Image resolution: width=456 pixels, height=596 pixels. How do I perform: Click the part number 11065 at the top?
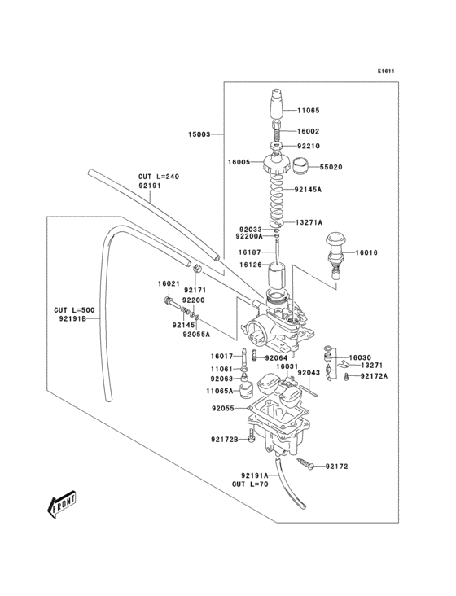pyautogui.click(x=309, y=110)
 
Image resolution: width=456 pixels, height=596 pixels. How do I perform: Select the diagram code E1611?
pyautogui.click(x=385, y=71)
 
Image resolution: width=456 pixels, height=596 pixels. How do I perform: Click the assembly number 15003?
pyautogui.click(x=199, y=134)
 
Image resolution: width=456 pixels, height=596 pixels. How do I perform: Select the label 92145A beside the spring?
pyautogui.click(x=309, y=189)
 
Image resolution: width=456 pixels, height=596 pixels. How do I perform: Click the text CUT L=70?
pyautogui.click(x=250, y=484)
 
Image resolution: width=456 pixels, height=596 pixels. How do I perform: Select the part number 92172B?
pyautogui.click(x=225, y=440)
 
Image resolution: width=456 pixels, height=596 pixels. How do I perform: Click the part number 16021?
pyautogui.click(x=169, y=283)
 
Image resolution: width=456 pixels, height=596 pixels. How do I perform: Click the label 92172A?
pyautogui.click(x=375, y=376)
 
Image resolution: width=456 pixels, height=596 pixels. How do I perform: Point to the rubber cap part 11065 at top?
pyautogui.click(x=278, y=103)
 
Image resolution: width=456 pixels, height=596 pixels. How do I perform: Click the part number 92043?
pyautogui.click(x=309, y=373)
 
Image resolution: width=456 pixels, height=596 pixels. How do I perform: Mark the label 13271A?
pyautogui.click(x=309, y=221)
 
